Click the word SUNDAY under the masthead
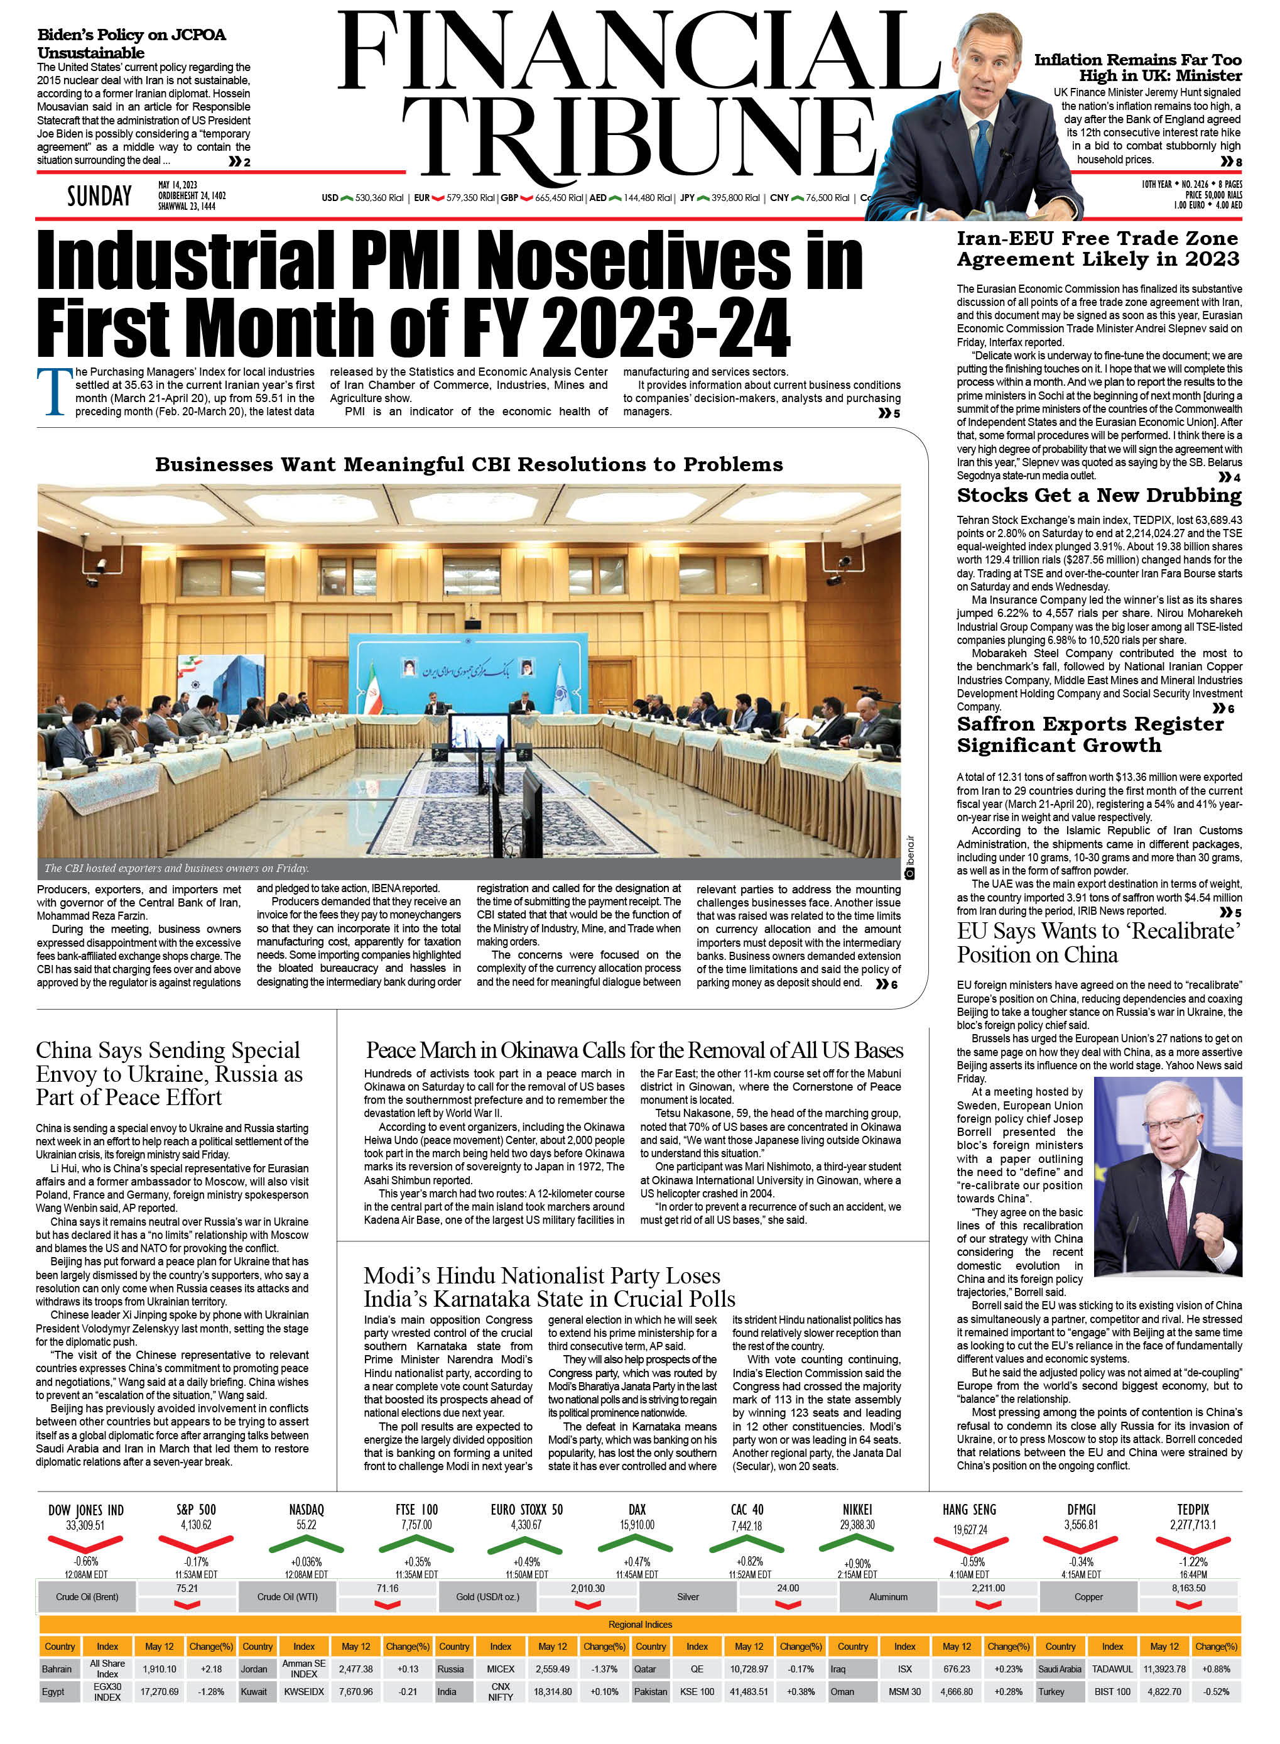click(x=99, y=196)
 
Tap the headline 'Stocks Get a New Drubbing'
click(x=1098, y=495)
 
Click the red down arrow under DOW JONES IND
click(x=85, y=1542)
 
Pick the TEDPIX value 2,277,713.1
click(x=1193, y=1525)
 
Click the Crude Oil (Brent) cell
click(x=87, y=1597)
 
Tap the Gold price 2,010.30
click(x=587, y=1588)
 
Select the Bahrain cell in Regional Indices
click(x=57, y=1669)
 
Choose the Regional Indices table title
click(x=640, y=1624)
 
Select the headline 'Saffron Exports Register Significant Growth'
click(x=1090, y=734)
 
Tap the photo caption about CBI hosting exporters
click(x=176, y=868)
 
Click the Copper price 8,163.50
click(x=1188, y=1588)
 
